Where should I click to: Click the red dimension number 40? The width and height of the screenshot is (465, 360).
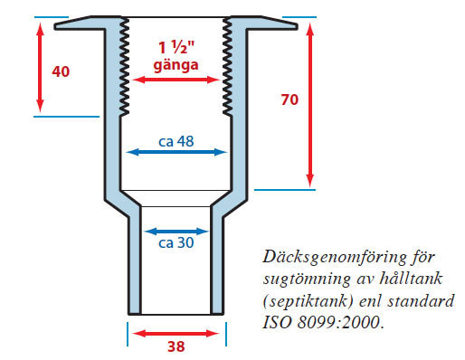pyautogui.click(x=61, y=71)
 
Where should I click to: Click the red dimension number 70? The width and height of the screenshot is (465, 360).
pyautogui.click(x=289, y=99)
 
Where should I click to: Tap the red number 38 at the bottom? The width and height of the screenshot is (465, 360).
pyautogui.click(x=176, y=346)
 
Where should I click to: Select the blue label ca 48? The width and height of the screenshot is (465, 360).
pyautogui.click(x=176, y=141)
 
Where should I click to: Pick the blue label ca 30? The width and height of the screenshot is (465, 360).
pyautogui.click(x=176, y=242)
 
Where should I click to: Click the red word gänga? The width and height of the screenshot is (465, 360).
pyautogui.click(x=176, y=65)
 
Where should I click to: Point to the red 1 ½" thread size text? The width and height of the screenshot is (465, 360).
pyautogui.click(x=176, y=47)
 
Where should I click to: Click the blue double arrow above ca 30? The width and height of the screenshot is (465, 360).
pyautogui.click(x=176, y=232)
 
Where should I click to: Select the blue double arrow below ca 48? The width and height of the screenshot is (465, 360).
pyautogui.click(x=176, y=152)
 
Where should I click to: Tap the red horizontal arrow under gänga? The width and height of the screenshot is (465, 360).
pyautogui.click(x=176, y=80)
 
